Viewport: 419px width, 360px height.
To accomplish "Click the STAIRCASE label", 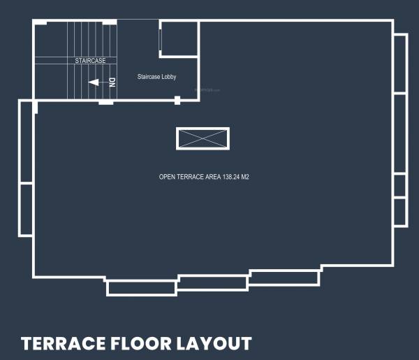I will (91, 61).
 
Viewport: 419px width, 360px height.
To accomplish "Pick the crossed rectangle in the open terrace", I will (203, 138).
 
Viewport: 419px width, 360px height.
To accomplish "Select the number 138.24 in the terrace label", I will (231, 178).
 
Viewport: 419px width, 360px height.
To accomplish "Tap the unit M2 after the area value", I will (245, 178).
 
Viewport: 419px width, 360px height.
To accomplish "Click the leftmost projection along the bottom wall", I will (141, 287).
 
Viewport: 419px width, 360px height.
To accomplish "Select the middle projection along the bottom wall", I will (213, 283).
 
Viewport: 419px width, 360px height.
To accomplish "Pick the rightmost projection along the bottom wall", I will (285, 278).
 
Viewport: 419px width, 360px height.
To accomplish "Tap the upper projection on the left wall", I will (25, 142).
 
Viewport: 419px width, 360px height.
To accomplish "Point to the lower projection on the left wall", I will (25, 210).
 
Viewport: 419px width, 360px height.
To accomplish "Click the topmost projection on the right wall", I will (399, 63).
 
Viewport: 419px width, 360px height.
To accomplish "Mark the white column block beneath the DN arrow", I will (106, 103).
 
